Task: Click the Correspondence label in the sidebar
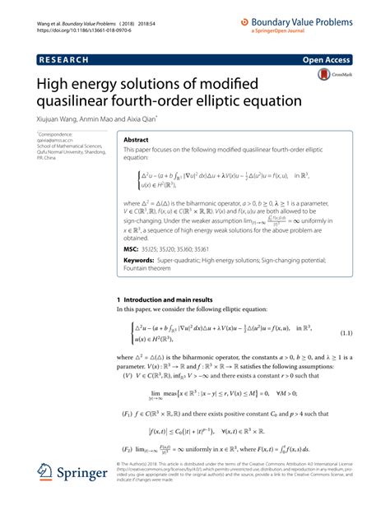[57, 133]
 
